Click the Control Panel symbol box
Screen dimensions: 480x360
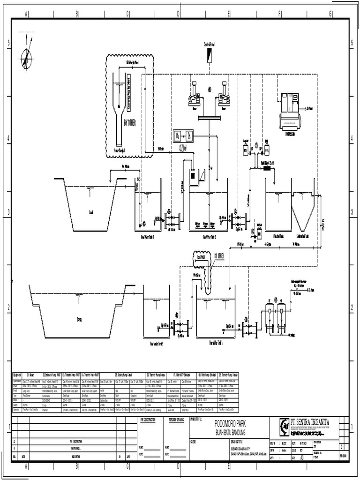[x=207, y=55]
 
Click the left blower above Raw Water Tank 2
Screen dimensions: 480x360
[x=193, y=95]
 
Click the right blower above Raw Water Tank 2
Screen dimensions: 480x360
[x=225, y=95]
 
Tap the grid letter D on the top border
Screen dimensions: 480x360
[x=178, y=14]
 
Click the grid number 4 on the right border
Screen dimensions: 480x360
[x=352, y=138]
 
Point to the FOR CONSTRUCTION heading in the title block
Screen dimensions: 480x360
[x=150, y=420]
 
